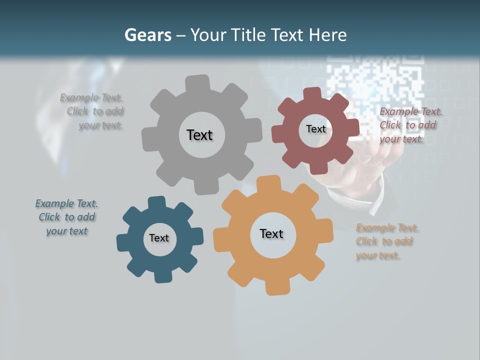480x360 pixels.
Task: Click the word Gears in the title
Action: tap(147, 35)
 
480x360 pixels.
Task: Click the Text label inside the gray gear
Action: tap(199, 135)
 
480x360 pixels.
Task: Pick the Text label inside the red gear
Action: tap(315, 129)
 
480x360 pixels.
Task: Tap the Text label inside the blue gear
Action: tap(159, 238)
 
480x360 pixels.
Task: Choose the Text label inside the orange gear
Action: tap(271, 233)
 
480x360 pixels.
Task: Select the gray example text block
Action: tap(92, 111)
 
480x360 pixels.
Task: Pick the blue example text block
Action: tap(67, 217)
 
